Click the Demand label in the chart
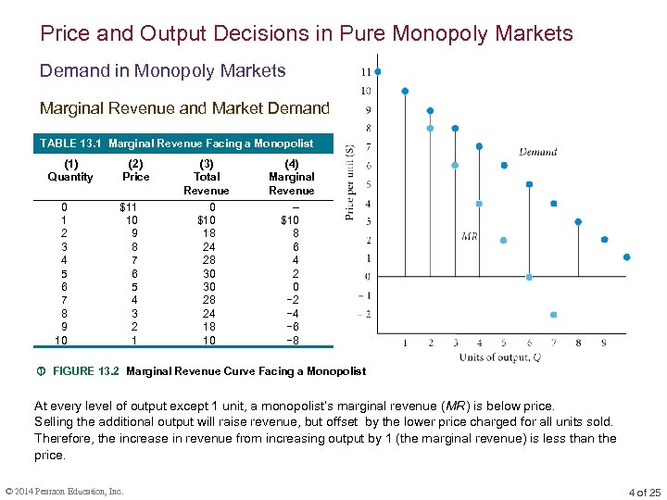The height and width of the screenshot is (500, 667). tap(537, 152)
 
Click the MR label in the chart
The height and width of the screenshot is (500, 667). tap(470, 237)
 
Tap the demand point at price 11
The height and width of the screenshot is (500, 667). tap(377, 71)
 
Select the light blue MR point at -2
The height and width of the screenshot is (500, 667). tap(554, 315)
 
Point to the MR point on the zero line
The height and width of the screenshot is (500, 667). tap(529, 277)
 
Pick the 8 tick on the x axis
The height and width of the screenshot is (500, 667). tap(578, 344)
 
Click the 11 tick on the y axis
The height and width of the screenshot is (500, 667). tap(366, 71)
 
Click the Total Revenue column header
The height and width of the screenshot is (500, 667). tap(206, 177)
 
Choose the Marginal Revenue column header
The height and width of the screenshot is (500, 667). tap(291, 177)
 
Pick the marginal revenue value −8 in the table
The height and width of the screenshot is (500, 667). tap(291, 340)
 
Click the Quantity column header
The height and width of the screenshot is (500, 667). tap(70, 170)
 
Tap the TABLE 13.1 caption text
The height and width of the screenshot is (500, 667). tap(175, 144)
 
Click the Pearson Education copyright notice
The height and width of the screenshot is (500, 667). tap(64, 492)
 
